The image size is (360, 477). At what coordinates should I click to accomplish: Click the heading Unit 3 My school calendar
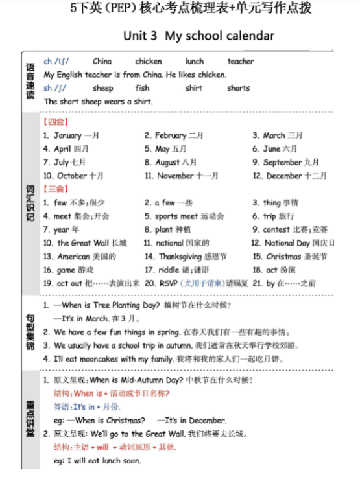coord(198,36)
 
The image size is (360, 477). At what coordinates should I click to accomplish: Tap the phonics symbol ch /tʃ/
coord(57,62)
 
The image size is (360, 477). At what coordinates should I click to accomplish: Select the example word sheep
coord(102,88)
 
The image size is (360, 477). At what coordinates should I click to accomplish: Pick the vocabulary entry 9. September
coord(286,162)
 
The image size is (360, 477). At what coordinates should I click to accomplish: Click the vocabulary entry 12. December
coord(285,176)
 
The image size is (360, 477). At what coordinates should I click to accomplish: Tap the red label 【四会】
coord(56,122)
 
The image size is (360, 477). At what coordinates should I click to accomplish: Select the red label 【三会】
coord(56,189)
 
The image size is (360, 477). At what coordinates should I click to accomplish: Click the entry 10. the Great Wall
coord(85,243)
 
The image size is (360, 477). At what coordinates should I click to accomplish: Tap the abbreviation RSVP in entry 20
coord(167,283)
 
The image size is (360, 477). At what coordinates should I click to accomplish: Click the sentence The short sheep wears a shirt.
coord(98,102)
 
